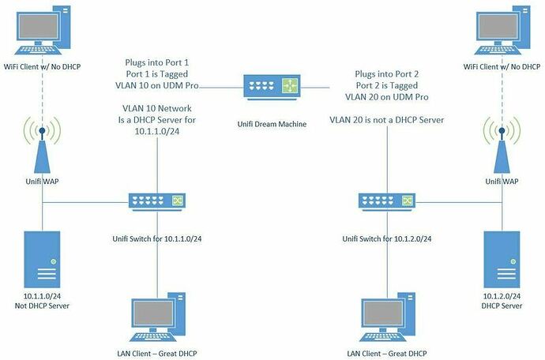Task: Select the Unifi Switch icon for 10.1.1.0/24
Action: pyautogui.click(x=156, y=201)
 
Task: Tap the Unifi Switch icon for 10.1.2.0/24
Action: pyautogui.click(x=385, y=201)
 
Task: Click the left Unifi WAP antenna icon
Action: pyautogui.click(x=43, y=147)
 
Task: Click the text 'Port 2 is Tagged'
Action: pyautogui.click(x=388, y=84)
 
